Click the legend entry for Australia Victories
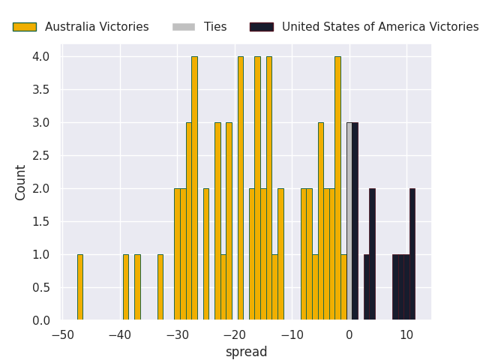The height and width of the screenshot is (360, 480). tap(97, 27)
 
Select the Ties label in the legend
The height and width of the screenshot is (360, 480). tap(214, 27)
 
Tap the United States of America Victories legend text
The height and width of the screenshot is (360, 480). tap(379, 27)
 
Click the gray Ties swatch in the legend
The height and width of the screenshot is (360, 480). tap(183, 27)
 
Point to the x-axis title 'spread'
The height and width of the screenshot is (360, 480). tap(246, 352)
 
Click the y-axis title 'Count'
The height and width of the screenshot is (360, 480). tap(21, 182)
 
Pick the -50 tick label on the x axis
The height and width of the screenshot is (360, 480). tap(62, 334)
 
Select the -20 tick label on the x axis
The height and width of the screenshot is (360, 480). tap(235, 334)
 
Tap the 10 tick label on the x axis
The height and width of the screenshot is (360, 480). tap(406, 334)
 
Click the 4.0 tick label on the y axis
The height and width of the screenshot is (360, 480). tap(41, 57)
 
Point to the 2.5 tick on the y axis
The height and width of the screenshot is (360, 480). tap(41, 156)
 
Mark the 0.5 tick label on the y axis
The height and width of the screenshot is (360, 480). tap(41, 288)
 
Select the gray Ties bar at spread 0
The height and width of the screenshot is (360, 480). tap(349, 221)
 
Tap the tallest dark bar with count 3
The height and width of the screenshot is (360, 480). tap(355, 221)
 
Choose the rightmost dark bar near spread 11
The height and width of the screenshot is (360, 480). tap(412, 254)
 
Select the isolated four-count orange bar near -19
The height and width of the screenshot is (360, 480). tap(240, 188)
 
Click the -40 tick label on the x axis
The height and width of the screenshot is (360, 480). tap(120, 334)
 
